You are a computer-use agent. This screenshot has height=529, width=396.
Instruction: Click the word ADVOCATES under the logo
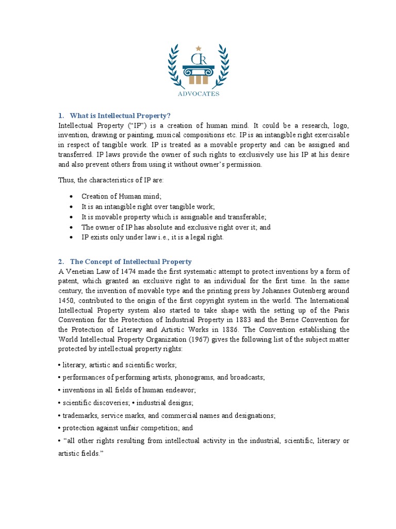click(199, 94)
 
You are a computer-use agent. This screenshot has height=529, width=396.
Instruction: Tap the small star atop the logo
click(199, 48)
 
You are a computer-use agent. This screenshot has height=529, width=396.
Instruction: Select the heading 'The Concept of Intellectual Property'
click(130, 262)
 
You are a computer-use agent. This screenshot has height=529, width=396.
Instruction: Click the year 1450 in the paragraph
click(67, 300)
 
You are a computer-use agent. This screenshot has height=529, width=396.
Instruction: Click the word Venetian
click(80, 272)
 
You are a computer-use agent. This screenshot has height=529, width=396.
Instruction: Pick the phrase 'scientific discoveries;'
click(94, 402)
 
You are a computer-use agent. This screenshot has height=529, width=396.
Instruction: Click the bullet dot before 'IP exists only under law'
click(71, 238)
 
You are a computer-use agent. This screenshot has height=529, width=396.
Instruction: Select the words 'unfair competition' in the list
click(146, 428)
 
